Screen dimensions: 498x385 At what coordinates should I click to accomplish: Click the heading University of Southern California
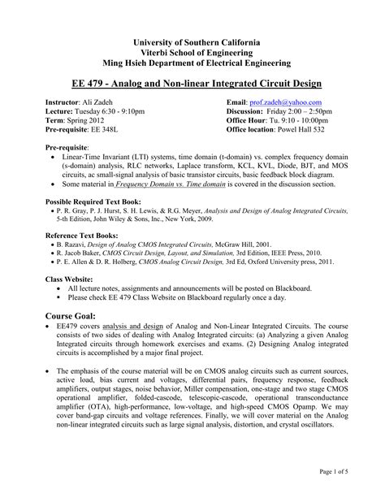point(192,41)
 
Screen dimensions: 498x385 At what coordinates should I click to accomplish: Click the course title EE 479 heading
point(192,83)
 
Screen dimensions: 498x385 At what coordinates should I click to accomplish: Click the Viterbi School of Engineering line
point(192,50)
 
